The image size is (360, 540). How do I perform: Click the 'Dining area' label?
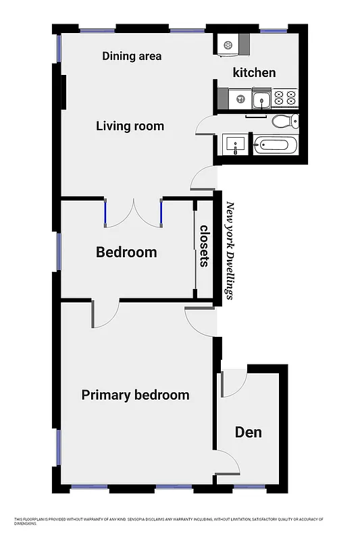point(132,56)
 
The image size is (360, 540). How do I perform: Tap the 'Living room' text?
point(130,126)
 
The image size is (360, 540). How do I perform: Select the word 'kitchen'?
point(254,72)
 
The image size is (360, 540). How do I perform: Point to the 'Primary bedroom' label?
point(135,395)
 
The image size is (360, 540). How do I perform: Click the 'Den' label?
point(248,432)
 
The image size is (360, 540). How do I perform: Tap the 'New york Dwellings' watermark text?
point(230,250)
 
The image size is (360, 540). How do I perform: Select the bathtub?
point(276,144)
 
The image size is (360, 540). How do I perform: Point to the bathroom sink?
point(236,144)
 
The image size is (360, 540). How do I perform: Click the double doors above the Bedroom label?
point(133,211)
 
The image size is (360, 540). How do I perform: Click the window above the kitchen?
point(274,30)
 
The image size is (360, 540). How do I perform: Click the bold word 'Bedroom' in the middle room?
point(126,252)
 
